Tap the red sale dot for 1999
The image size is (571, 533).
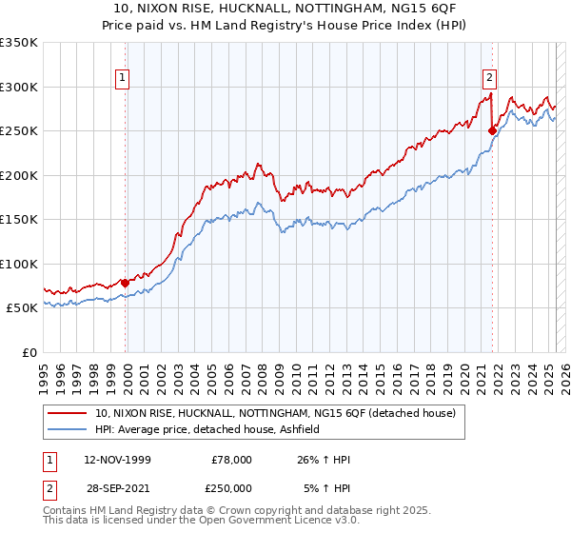[x=126, y=283]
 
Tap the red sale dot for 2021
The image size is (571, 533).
[x=492, y=130]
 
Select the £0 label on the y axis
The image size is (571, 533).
[x=29, y=352]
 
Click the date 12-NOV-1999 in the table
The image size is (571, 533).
[x=117, y=460]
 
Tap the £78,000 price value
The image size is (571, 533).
[x=232, y=460]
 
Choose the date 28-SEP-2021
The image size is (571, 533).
[x=117, y=488]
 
